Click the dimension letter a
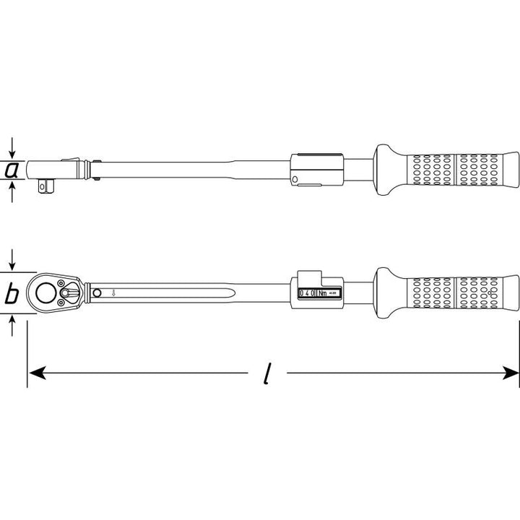(x=12, y=170)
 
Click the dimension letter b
(x=12, y=294)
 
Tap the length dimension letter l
(x=267, y=373)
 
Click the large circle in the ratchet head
(x=47, y=293)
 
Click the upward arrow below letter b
(x=12, y=324)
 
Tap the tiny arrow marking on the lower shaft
(x=113, y=293)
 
